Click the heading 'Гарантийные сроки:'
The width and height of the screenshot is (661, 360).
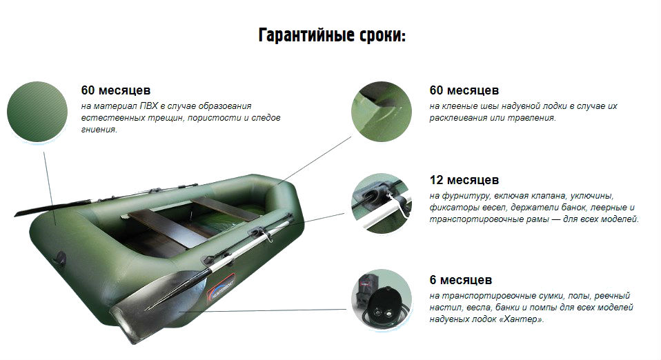tap(332, 35)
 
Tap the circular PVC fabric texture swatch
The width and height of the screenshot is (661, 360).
tap(37, 112)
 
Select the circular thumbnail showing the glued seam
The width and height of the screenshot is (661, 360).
tap(382, 112)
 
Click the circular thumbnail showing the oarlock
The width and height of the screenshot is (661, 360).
tap(382, 203)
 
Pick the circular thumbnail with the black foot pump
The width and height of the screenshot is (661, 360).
tap(382, 299)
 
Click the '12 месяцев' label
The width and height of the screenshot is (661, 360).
tap(464, 180)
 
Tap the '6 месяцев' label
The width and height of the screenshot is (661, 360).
tap(461, 280)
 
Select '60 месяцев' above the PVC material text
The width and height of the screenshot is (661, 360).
tap(116, 90)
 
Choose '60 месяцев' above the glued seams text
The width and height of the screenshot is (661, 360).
tap(464, 90)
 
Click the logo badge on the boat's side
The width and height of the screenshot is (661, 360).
tap(221, 287)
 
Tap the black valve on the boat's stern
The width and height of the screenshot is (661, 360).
tap(61, 258)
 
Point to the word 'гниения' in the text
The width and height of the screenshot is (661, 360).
tap(99, 130)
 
